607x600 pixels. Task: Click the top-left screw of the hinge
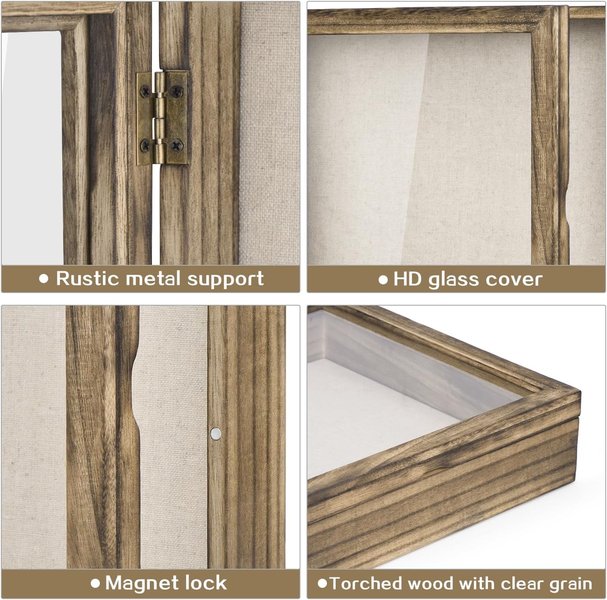(x=145, y=91)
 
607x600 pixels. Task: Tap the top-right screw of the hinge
(x=177, y=90)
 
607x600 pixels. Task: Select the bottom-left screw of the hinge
(x=145, y=145)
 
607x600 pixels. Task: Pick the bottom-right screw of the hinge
(x=176, y=145)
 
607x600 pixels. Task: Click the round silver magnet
(x=215, y=432)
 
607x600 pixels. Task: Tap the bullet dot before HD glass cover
(x=383, y=280)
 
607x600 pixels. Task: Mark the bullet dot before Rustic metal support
(x=43, y=279)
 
